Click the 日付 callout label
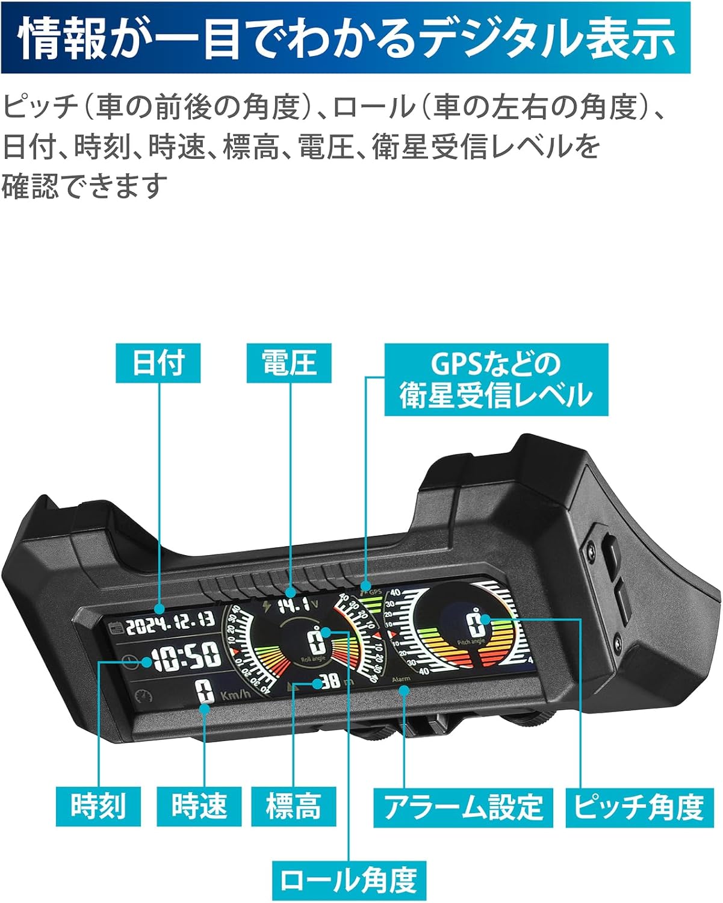tap(158, 362)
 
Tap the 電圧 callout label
tap(289, 362)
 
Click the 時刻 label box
tap(98, 805)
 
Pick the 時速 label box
tap(199, 805)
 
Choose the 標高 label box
tap(293, 805)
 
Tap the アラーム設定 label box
tap(463, 807)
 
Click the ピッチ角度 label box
tap(639, 807)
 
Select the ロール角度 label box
tap(349, 881)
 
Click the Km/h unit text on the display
tap(235, 695)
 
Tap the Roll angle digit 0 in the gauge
tap(316, 642)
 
